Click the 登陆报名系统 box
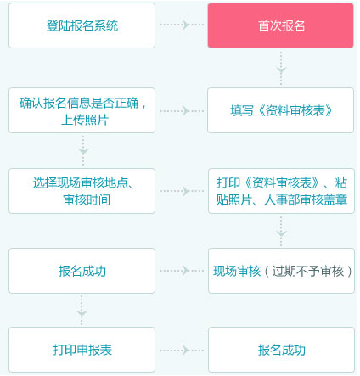(x=82, y=25)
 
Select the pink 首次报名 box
(x=280, y=25)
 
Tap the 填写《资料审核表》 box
(x=280, y=110)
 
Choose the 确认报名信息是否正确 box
(x=82, y=110)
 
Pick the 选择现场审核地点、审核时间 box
(x=82, y=191)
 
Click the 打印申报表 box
(x=82, y=350)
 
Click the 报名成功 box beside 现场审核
(x=82, y=271)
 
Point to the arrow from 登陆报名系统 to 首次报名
(x=181, y=25)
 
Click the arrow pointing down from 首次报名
(x=281, y=66)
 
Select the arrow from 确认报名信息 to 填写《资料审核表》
(x=181, y=110)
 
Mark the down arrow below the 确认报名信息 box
(x=82, y=150)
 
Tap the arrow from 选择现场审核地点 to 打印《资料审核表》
(x=181, y=191)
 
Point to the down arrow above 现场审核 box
(x=281, y=229)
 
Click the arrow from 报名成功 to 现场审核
(x=181, y=271)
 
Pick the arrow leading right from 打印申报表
(x=181, y=350)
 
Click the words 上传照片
(x=83, y=120)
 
